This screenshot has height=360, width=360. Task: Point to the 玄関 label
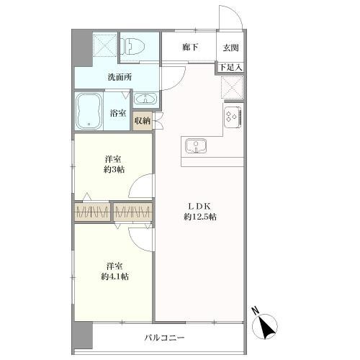(230, 48)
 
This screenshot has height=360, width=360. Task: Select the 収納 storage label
(143, 121)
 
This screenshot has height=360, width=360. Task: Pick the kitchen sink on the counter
(195, 147)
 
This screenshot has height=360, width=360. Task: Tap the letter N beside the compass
(255, 311)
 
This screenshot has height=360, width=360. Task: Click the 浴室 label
(117, 113)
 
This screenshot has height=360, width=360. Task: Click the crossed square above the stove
(232, 88)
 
